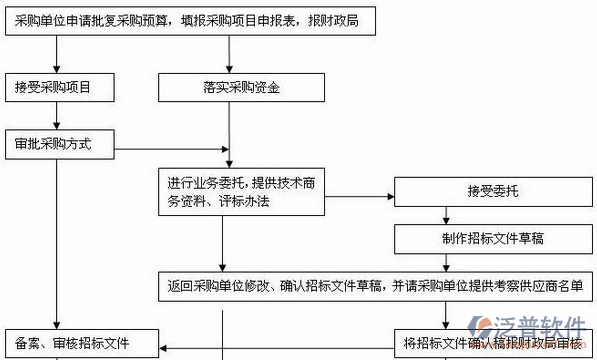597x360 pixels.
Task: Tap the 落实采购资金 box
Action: [230, 87]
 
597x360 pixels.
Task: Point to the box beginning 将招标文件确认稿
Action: [490, 344]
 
